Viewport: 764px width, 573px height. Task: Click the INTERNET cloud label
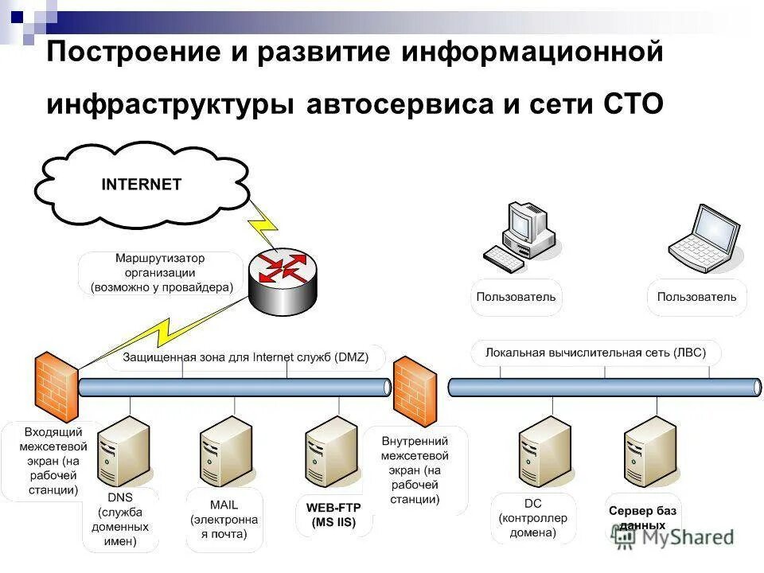pyautogui.click(x=142, y=185)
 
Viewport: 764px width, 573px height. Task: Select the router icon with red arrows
pyautogui.click(x=282, y=275)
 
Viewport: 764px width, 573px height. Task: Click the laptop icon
pyautogui.click(x=704, y=239)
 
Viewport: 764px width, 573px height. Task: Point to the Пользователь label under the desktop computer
pyautogui.click(x=516, y=298)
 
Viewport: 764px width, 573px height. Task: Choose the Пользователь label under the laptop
pyautogui.click(x=696, y=298)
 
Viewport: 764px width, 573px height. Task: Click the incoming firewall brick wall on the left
pyautogui.click(x=56, y=388)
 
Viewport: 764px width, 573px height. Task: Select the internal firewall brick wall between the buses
pyautogui.click(x=415, y=391)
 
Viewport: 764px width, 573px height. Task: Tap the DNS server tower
pyautogui.click(x=123, y=450)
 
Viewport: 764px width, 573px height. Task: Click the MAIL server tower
pyautogui.click(x=225, y=450)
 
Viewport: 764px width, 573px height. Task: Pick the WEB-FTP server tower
pyautogui.click(x=331, y=450)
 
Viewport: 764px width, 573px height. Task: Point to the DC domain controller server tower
pyautogui.click(x=544, y=450)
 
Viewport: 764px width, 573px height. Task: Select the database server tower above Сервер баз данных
pyautogui.click(x=649, y=450)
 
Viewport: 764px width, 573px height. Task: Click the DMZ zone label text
pyautogui.click(x=245, y=357)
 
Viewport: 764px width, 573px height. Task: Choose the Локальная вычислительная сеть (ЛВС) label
pyautogui.click(x=595, y=352)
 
